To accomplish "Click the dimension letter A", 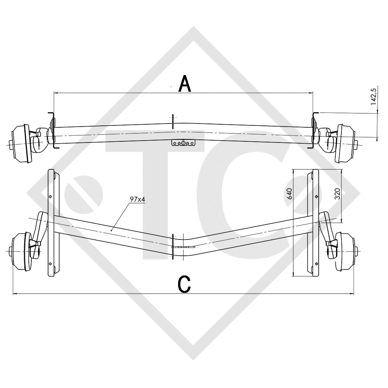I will (185, 84).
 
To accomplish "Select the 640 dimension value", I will (290, 194).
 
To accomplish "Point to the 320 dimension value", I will (338, 194).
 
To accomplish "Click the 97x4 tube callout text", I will (137, 200).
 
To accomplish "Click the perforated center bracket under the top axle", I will (183, 143).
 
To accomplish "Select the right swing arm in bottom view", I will (325, 227).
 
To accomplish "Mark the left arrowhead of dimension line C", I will (15, 294).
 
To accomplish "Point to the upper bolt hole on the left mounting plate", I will (50, 197).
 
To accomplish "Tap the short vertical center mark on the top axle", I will (173, 121).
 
